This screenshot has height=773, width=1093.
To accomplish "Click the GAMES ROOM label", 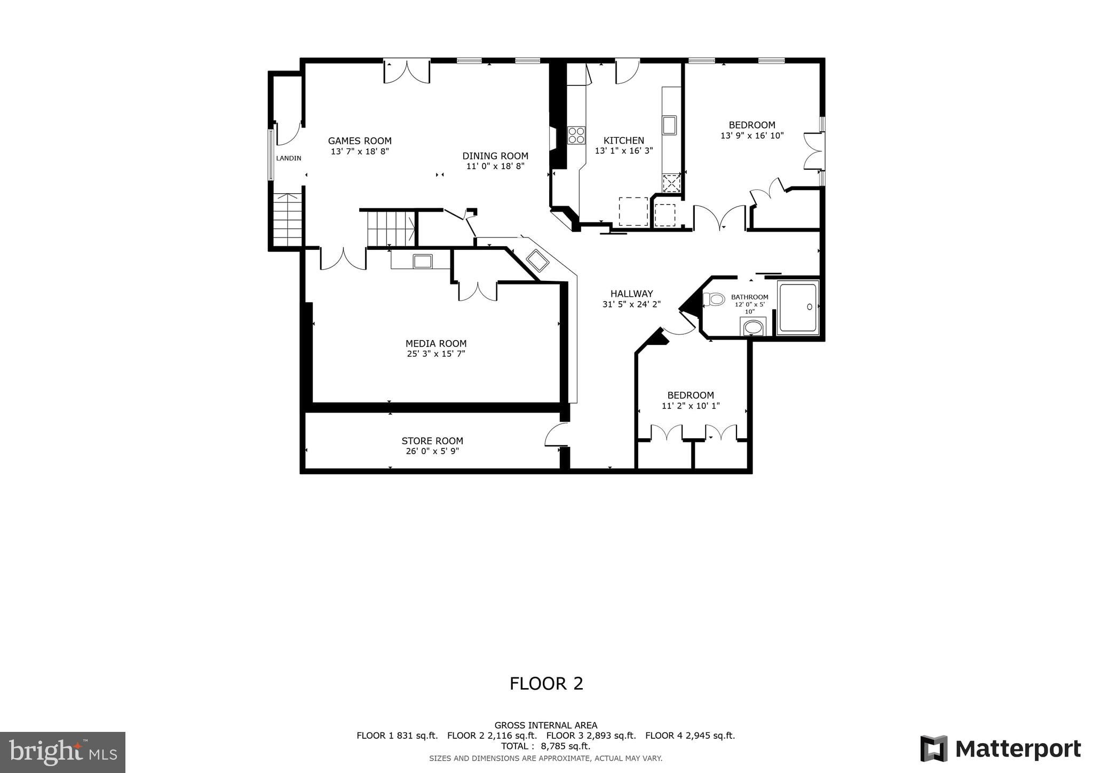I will pos(360,141).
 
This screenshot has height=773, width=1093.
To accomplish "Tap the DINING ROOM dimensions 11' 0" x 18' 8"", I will pos(495,166).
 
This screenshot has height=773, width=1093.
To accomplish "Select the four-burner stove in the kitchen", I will pos(576,135).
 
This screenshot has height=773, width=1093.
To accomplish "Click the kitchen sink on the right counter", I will pos(669,125).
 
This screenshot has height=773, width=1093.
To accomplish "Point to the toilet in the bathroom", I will pos(715,299).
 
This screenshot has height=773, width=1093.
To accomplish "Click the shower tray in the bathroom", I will pos(797,307).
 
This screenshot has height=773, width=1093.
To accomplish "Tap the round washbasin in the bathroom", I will pos(753,327).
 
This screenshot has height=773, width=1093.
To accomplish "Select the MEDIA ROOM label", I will pos(435,344).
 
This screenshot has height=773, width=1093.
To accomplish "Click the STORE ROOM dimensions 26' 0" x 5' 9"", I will pos(432,451).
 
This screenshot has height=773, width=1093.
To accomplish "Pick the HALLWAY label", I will pos(631,294).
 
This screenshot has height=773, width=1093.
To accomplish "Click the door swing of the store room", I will pos(556,435).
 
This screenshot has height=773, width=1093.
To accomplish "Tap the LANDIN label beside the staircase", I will pos(288,158).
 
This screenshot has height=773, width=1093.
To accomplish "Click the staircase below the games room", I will pos(391,228).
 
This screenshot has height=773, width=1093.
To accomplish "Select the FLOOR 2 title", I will pos(546,684).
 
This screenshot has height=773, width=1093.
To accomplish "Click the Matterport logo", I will pos(1000,748).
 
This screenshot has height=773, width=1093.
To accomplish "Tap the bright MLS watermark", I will pos(62,752).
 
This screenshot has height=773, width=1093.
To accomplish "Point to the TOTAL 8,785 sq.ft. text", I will pos(545,746).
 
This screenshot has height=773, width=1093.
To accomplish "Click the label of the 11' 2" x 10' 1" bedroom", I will pos(690,396).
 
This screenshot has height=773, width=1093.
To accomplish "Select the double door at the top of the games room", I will pos(407,72).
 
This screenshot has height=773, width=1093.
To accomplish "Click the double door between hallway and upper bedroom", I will pos(719,218).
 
